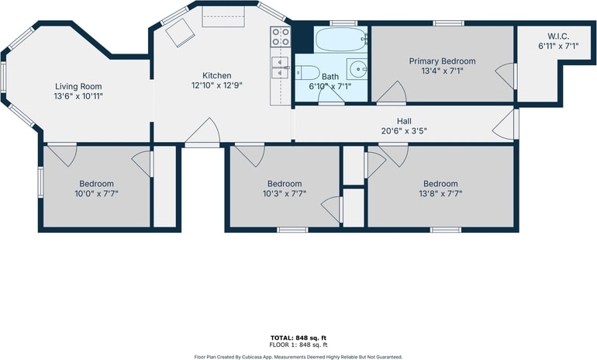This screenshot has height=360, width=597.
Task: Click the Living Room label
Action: (78, 86)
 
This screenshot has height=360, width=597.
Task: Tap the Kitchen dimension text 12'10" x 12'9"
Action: (216, 85)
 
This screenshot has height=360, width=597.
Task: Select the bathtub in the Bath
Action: (340, 40)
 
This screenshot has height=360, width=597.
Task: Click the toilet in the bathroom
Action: (308, 72)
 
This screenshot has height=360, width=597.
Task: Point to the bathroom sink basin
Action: (357, 69)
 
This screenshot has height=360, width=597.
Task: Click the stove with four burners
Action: (280, 36)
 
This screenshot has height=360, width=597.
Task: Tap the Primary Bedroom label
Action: (442, 61)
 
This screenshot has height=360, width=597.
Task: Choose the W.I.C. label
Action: (558, 36)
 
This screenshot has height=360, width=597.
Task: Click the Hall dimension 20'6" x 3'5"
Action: (404, 131)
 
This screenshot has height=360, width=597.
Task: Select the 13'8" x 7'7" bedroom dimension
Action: (440, 193)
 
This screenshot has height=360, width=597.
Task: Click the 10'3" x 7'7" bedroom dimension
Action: (285, 193)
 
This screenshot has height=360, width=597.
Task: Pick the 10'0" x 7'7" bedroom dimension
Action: (96, 193)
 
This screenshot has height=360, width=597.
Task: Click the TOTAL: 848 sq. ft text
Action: (298, 338)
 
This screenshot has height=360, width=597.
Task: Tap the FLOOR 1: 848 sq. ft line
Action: (298, 345)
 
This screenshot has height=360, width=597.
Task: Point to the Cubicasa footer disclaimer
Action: (298, 358)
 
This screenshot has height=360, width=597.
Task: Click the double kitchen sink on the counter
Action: (281, 67)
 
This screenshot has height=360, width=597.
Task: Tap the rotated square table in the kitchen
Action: (180, 32)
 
